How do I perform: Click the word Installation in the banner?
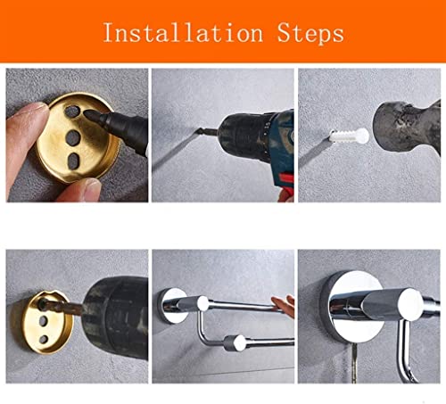[x=183, y=33]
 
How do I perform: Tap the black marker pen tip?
[x=90, y=114]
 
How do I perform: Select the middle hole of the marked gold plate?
[x=73, y=138]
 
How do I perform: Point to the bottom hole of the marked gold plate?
[x=74, y=161]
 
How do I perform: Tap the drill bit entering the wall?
[x=207, y=130]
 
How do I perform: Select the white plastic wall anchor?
[x=350, y=136]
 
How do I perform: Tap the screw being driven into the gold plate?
[x=61, y=308]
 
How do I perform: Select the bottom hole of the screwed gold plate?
[x=44, y=339]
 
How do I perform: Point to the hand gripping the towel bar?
[x=283, y=306]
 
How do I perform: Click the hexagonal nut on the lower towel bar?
[x=235, y=343]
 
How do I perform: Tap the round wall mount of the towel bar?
[x=171, y=306]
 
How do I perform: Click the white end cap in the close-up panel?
[x=410, y=304]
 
